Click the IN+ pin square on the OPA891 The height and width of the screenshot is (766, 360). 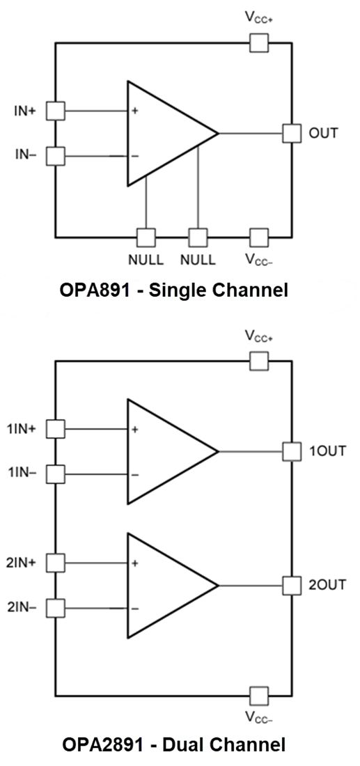click(55, 110)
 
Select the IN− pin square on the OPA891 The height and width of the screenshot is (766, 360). click(55, 156)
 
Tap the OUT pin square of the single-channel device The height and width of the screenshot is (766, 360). click(291, 133)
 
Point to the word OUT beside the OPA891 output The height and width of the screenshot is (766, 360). click(323, 133)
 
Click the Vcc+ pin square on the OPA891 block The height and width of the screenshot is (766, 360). click(259, 43)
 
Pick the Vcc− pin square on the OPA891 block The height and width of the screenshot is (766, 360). click(259, 237)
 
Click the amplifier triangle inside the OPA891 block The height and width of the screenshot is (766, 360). click(164, 133)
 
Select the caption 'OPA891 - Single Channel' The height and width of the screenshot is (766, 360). click(173, 290)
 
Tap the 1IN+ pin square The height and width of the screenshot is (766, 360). click(55, 429)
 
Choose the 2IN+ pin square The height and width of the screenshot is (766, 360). click(55, 562)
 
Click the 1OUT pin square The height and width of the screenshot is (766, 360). click(291, 451)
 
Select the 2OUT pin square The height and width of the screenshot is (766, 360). click(291, 585)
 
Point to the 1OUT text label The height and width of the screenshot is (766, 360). click(327, 451)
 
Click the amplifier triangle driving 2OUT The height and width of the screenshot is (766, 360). click(164, 585)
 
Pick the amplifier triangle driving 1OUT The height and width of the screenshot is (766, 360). click(164, 451)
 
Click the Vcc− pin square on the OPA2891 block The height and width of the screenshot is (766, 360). click(259, 695)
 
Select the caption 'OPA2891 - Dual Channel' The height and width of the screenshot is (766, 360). click(173, 745)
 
